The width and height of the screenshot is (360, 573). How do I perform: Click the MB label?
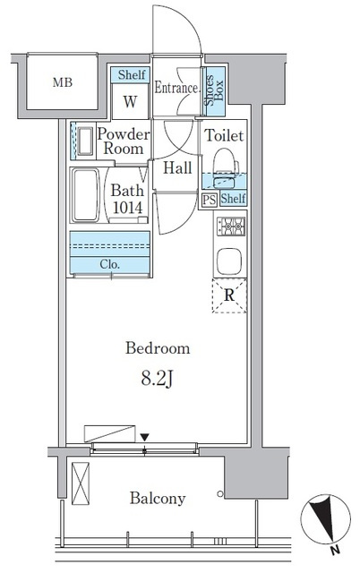click(x=63, y=82)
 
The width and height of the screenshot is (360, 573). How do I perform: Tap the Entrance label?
click(x=177, y=88)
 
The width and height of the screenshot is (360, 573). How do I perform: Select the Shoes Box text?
click(x=214, y=90)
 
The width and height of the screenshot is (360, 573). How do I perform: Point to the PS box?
click(x=210, y=200)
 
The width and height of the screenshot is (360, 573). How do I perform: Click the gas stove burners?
click(x=231, y=227)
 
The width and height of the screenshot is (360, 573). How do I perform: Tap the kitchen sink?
click(x=229, y=261)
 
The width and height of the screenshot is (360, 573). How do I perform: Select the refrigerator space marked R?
click(x=229, y=295)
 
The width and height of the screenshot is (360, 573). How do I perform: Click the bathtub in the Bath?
click(x=86, y=195)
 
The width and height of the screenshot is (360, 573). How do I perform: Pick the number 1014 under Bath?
click(x=127, y=208)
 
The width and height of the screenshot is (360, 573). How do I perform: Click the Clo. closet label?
click(x=109, y=264)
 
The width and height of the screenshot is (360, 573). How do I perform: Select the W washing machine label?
click(x=130, y=101)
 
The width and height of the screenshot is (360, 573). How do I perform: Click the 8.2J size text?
click(x=157, y=380)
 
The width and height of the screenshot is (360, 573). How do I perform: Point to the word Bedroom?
click(x=158, y=348)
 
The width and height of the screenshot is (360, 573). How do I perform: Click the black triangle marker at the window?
click(x=145, y=437)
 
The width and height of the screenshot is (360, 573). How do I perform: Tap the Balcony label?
click(x=158, y=498)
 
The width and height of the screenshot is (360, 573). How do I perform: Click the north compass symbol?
click(x=326, y=518)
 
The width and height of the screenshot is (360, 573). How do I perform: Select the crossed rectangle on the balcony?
click(x=81, y=483)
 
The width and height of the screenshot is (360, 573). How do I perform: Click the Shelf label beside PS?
click(x=233, y=199)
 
